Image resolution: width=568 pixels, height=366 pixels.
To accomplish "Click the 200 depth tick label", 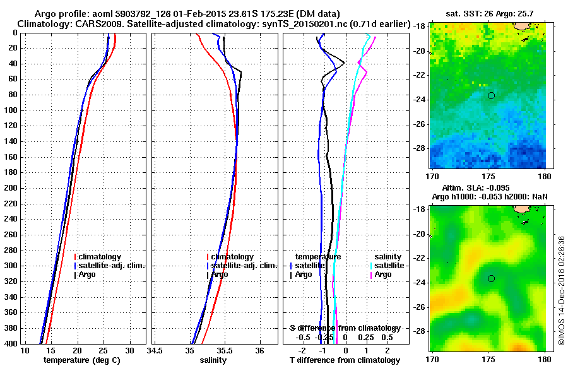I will click(x=10, y=188).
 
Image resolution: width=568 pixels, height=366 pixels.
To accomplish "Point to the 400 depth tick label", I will click(x=10, y=343).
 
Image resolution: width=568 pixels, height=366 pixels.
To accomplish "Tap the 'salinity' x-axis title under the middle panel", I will click(x=213, y=360).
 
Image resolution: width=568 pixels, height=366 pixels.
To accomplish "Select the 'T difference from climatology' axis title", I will click(x=345, y=360).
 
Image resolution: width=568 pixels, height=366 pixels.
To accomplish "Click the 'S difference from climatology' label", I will click(x=345, y=328).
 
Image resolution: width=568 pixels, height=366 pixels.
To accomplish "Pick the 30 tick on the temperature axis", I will click(x=129, y=351).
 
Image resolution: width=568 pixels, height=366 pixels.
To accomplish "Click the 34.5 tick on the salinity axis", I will click(x=155, y=351).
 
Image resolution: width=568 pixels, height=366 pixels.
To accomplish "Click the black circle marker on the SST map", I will click(x=491, y=95).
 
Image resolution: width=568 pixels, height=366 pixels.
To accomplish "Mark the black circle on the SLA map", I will click(x=491, y=278).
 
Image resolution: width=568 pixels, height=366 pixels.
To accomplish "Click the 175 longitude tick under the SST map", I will click(x=489, y=176).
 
